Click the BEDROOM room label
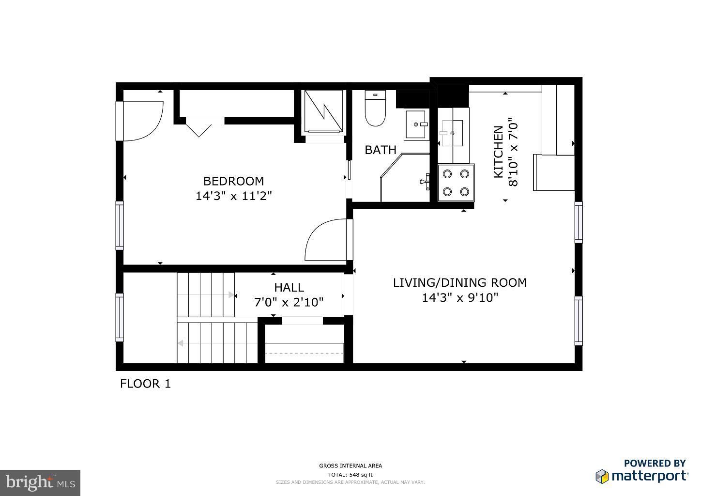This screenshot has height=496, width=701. tap(233, 181)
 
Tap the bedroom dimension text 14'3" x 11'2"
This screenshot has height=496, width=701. tap(233, 196)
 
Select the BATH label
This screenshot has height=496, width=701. tap(380, 150)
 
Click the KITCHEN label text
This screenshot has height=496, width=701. tap(498, 152)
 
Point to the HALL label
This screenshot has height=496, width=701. tap(289, 287)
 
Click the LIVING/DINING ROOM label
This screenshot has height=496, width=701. tap(459, 282)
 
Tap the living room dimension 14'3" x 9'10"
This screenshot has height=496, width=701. tap(459, 297)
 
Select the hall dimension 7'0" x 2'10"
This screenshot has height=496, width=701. tap(289, 302)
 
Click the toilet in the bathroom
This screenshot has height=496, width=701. tap(374, 109)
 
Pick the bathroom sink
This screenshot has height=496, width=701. tap(416, 125)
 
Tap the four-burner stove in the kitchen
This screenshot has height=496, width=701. tap(456, 183)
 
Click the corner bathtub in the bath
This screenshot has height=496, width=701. tap(406, 178)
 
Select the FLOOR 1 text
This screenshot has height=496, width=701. tap(145, 384)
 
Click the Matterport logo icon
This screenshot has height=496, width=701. tap(602, 476)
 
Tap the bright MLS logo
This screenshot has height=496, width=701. tap(40, 482)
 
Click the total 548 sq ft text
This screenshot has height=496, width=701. tap(350, 475)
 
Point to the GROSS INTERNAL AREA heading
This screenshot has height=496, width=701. tap(350, 466)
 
